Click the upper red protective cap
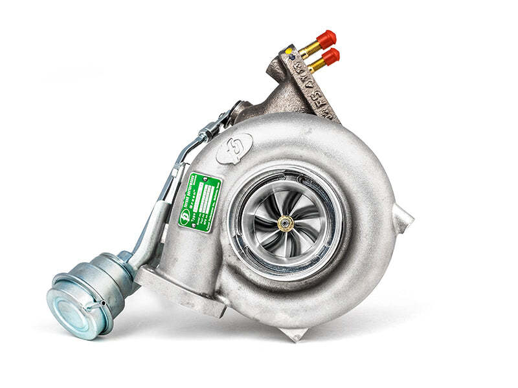click(x=326, y=38)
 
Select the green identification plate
click(x=200, y=201)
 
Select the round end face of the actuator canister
click(x=68, y=313)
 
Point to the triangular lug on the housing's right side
click(x=402, y=221)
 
